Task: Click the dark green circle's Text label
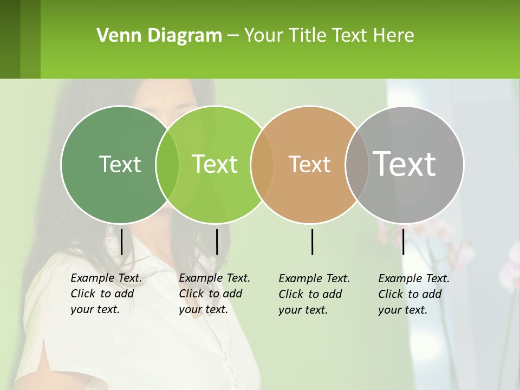pos(120,164)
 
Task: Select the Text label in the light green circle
pos(215,164)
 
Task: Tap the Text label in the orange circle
pos(310,164)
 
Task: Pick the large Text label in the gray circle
pos(405,164)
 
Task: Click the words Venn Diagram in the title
pos(159,36)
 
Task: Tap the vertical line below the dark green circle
pos(122,242)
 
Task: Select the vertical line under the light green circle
pos(217,242)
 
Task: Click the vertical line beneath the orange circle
pos(313,242)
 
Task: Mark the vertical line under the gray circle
pos(403,242)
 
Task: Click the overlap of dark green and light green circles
pos(167,164)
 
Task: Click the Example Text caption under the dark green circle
pos(106,294)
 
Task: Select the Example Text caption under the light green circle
pos(214,294)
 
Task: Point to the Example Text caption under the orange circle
pos(314,294)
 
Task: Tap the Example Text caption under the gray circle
pos(413,294)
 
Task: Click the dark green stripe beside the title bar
pos(10,39)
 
